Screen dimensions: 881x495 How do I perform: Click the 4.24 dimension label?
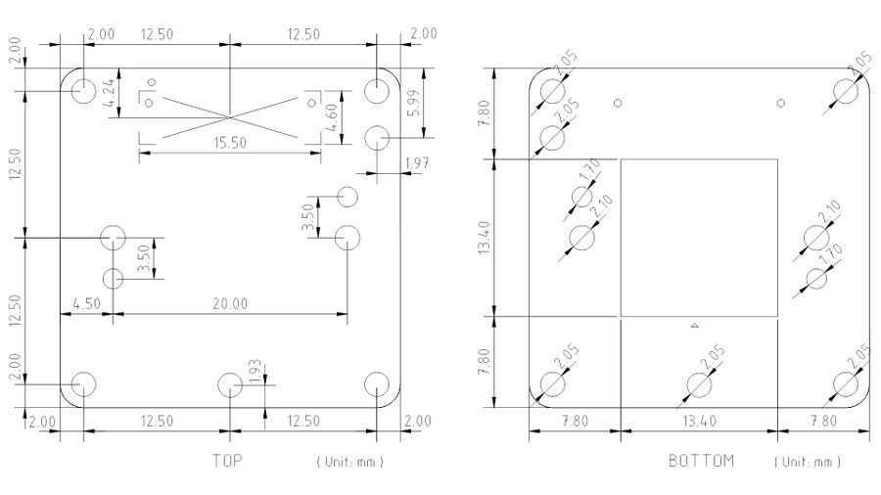click(x=110, y=93)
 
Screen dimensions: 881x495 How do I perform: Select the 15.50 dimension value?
click(x=230, y=143)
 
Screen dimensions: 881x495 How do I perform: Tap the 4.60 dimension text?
click(x=331, y=117)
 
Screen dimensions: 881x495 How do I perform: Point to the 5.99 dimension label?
click(x=413, y=104)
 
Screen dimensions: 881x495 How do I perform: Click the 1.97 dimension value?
click(x=417, y=163)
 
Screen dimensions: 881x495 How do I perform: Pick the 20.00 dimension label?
click(x=230, y=304)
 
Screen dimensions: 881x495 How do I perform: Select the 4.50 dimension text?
click(x=86, y=304)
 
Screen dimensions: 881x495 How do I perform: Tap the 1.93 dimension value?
click(x=255, y=372)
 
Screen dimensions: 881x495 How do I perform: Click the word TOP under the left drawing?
click(x=227, y=461)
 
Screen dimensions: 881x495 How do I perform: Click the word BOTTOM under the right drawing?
click(x=701, y=461)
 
